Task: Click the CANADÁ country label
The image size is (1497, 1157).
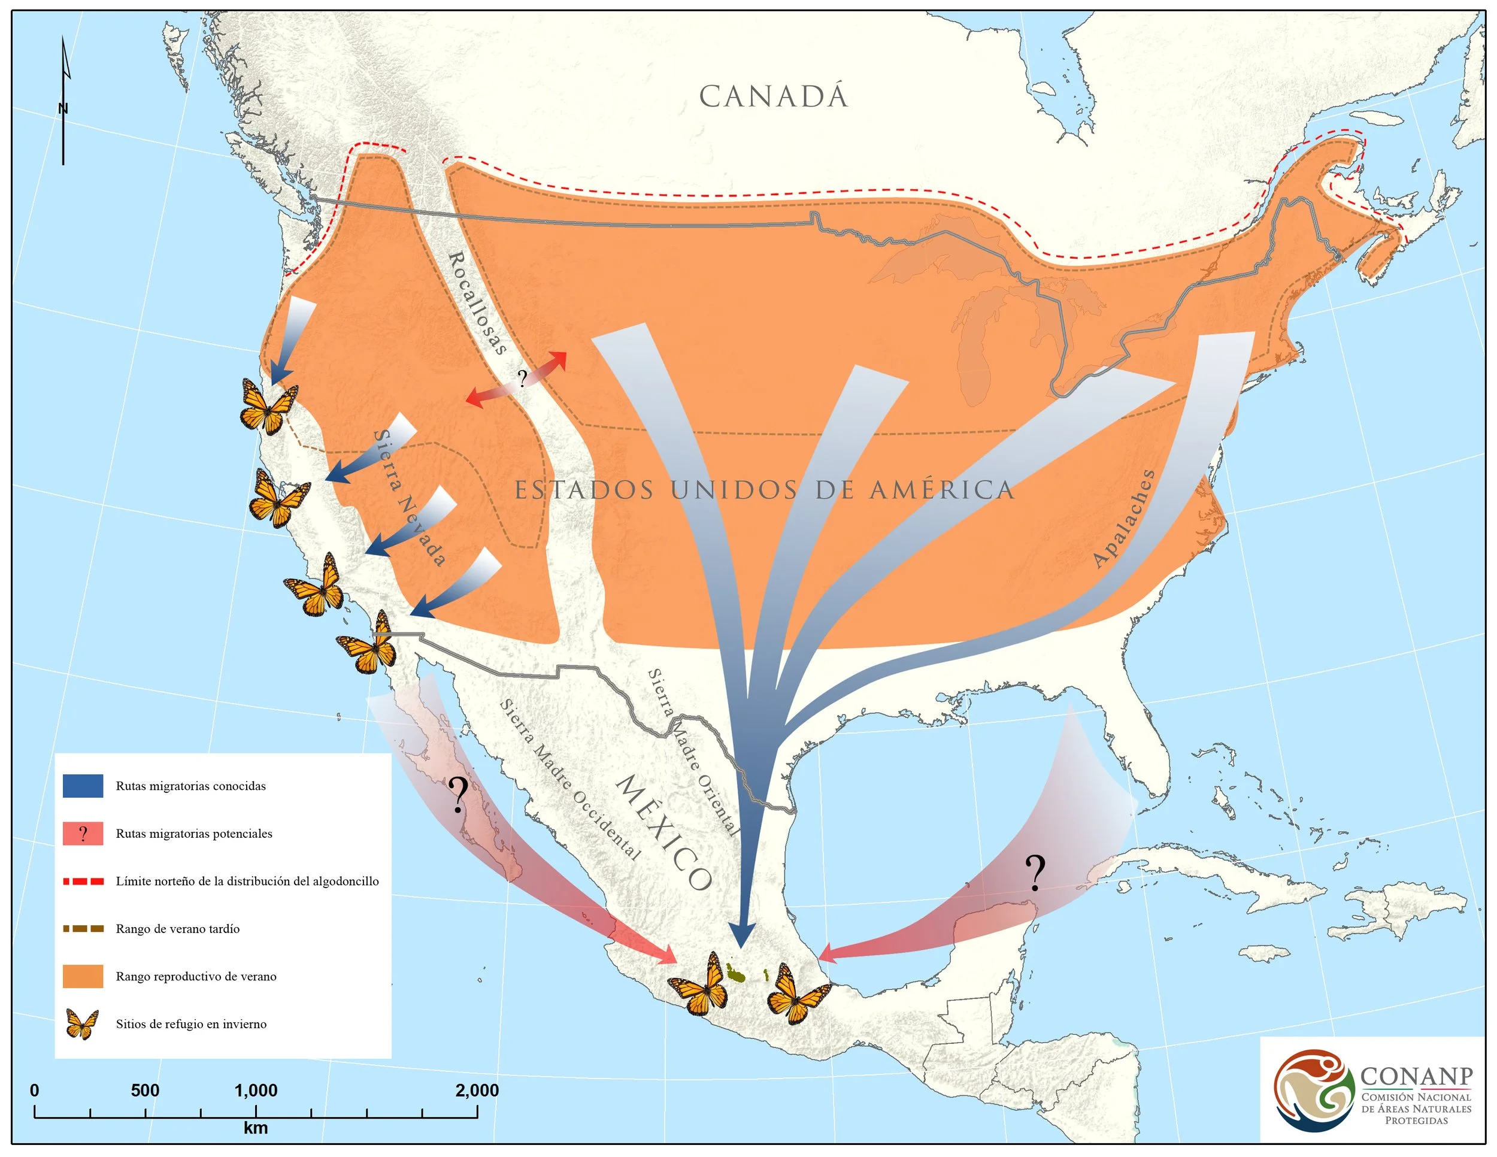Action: (773, 96)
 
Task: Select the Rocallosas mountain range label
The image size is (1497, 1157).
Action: (477, 303)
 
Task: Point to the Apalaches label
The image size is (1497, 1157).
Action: (1124, 519)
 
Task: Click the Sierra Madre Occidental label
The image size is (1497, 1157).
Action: (570, 779)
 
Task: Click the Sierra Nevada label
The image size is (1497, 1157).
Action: (409, 498)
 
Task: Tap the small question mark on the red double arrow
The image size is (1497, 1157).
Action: (522, 378)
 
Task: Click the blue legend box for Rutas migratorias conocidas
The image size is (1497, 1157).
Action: (83, 786)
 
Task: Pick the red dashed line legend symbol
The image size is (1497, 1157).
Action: (83, 882)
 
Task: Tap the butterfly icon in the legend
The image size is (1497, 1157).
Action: (82, 1024)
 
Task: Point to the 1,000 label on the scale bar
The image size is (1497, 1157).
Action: (256, 1091)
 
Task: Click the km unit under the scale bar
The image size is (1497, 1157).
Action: (256, 1128)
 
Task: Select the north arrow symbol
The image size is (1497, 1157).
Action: (63, 103)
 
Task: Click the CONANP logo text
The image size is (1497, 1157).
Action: (1416, 1076)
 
